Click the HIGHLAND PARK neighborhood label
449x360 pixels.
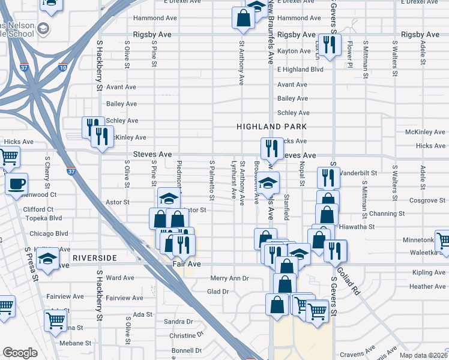point(271,127)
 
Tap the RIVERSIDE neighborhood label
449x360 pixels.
point(94,258)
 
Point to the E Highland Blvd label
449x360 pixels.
point(300,70)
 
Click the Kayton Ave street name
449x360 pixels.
point(294,52)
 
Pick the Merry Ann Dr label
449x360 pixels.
point(229,278)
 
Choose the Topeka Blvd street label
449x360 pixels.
point(43,218)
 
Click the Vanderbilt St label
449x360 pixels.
point(358,172)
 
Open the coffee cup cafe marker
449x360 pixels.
point(16,184)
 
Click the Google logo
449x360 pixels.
point(20,353)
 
